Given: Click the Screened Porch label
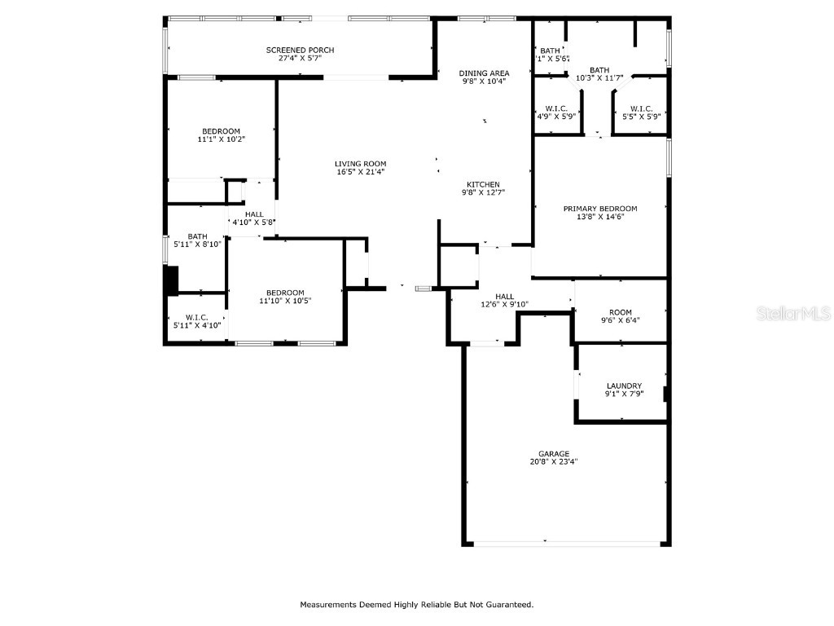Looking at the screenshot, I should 300,50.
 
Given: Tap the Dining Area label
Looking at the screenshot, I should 484,73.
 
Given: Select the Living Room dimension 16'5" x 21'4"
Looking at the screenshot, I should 360,172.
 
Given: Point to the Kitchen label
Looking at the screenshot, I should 483,184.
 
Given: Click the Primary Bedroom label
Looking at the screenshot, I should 600,209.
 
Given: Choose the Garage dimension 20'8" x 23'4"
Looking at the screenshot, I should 553,461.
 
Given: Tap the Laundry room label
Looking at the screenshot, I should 624,386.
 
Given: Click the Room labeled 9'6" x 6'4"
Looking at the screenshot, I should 620,311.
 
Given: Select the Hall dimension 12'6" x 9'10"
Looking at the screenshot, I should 505,305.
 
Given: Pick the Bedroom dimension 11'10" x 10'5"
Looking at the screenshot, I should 285,301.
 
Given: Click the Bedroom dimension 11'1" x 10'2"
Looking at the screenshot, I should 221,139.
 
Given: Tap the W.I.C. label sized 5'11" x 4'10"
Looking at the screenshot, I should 196,317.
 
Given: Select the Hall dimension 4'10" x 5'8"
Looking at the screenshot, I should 253,223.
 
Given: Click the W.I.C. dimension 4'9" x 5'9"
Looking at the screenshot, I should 556,117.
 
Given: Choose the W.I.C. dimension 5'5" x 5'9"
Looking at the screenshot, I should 641,117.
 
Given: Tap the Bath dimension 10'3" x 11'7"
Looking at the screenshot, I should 599,78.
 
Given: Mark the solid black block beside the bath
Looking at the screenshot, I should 171,280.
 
